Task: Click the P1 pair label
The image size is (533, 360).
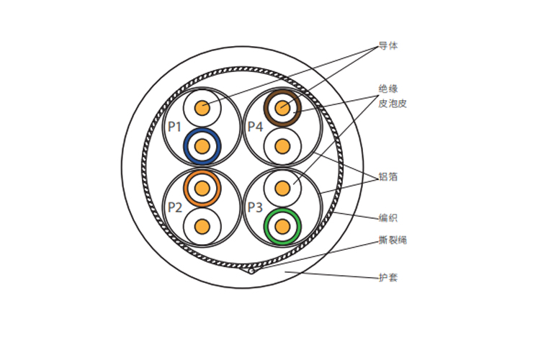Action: (174, 127)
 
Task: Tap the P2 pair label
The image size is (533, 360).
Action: (175, 207)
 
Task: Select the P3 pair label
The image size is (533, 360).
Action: (255, 207)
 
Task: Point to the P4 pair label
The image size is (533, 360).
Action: (255, 127)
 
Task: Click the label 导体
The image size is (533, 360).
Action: (388, 46)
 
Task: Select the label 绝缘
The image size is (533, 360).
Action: (388, 89)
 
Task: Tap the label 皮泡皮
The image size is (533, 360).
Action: (393, 104)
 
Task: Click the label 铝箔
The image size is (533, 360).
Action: (388, 177)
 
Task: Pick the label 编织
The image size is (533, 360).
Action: (388, 218)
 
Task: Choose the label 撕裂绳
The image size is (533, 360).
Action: (393, 240)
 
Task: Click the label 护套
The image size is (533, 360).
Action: (388, 277)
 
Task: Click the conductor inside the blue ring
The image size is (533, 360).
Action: (202, 146)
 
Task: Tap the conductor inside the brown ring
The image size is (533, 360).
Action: (282, 108)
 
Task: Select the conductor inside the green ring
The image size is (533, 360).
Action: (282, 226)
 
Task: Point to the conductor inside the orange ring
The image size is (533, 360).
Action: (202, 189)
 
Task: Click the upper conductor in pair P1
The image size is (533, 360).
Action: (202, 108)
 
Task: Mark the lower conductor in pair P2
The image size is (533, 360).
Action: (202, 226)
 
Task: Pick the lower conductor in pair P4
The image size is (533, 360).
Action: (282, 146)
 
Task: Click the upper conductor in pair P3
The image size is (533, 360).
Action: (282, 189)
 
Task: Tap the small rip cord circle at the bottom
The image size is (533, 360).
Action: (251, 271)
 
